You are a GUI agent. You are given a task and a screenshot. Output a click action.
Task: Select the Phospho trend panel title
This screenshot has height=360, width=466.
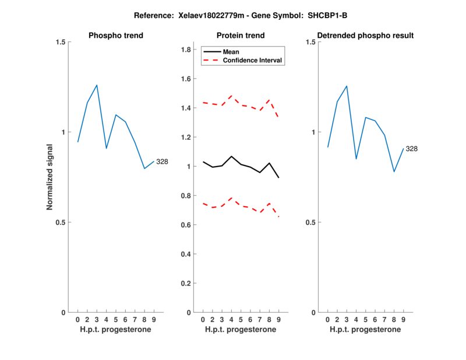tap(116, 36)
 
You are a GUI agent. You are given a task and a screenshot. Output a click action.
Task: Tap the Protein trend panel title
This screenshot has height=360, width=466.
tap(240, 36)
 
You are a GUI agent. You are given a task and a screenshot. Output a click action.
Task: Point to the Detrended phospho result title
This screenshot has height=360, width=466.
tap(366, 36)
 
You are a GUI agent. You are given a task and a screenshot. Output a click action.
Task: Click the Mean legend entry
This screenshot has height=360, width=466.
tap(231, 52)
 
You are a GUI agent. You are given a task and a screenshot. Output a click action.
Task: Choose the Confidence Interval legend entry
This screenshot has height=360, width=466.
tap(253, 60)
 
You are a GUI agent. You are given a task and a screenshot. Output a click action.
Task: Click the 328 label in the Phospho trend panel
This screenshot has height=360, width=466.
tap(162, 161)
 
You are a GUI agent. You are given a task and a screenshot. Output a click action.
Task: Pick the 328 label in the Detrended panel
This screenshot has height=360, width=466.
tap(412, 149)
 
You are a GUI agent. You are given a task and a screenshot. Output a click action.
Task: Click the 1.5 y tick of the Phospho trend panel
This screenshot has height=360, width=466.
tap(60, 42)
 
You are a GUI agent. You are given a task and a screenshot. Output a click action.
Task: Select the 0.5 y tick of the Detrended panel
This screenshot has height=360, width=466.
tap(310, 222)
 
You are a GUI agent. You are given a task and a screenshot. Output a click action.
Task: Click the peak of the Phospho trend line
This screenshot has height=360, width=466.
tap(97, 85)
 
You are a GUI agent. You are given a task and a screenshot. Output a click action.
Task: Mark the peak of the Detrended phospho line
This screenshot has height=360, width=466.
tap(347, 86)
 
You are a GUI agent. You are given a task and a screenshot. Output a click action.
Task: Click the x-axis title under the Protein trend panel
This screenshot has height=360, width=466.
tap(240, 330)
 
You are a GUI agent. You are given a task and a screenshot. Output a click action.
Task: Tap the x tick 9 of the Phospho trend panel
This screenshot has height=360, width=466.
tap(154, 319)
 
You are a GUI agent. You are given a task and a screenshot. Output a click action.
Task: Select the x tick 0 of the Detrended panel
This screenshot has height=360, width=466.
tap(327, 319)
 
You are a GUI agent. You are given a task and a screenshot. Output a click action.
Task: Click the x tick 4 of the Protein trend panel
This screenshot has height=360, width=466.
tap(231, 319)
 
